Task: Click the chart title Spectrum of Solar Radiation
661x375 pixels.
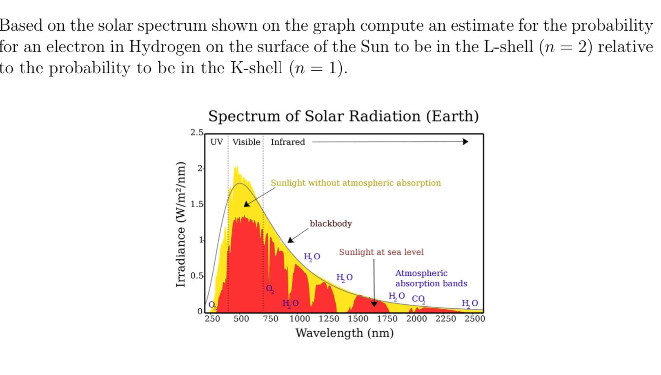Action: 343,117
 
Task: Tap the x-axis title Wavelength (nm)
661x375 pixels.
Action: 344,333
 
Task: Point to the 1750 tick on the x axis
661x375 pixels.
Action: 387,319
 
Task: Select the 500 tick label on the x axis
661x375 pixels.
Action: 241,319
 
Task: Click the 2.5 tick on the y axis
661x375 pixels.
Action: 196,132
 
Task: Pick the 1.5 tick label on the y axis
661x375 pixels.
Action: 196,204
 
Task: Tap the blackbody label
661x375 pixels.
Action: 330,224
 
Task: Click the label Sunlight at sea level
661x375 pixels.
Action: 381,252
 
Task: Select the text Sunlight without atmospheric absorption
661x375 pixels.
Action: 356,183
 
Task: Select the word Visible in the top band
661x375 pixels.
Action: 246,142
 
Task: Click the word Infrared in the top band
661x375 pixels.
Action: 287,142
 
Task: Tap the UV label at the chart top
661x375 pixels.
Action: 216,142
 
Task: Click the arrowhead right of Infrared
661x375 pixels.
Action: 465,142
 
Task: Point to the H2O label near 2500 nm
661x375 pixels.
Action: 469,303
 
